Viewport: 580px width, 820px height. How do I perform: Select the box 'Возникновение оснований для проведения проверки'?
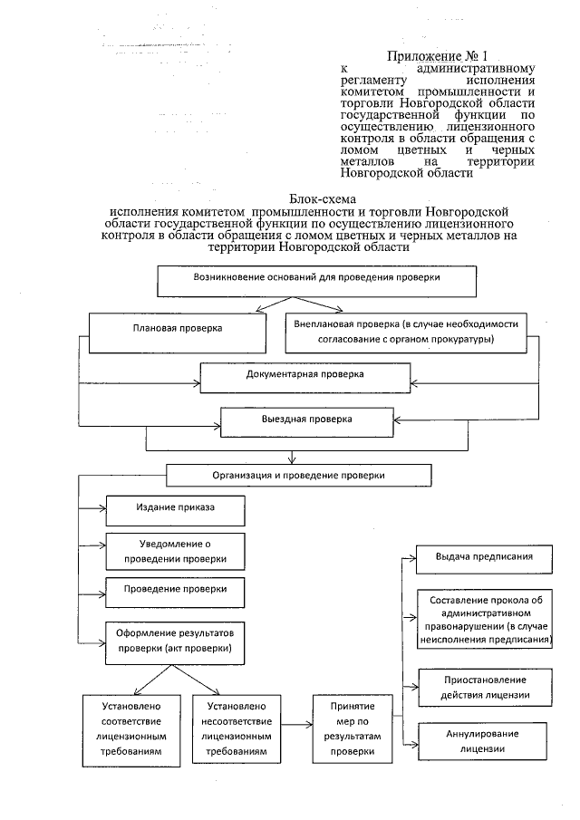[317, 280]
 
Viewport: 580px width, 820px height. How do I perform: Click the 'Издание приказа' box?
[175, 510]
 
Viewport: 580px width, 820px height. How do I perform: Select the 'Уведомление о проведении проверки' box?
[176, 551]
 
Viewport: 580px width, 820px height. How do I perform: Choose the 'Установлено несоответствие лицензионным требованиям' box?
[235, 728]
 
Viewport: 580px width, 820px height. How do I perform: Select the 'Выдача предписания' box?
[482, 557]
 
